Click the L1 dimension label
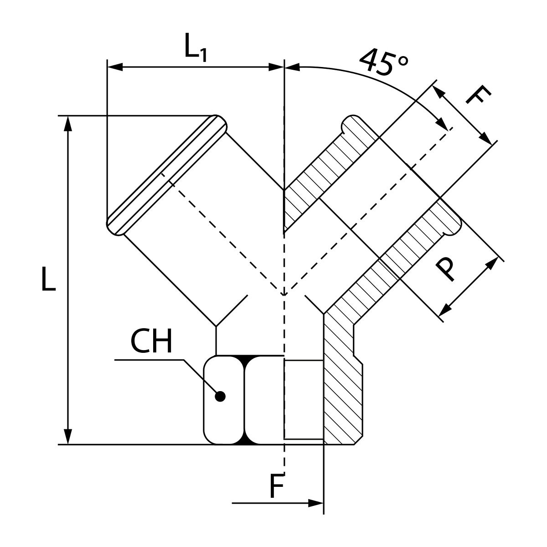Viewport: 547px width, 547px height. pyautogui.click(x=196, y=47)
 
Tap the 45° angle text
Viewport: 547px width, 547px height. pyautogui.click(x=384, y=61)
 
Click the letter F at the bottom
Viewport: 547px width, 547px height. pyautogui.click(x=276, y=487)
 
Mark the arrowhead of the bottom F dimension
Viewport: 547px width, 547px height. pyautogui.click(x=316, y=503)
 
